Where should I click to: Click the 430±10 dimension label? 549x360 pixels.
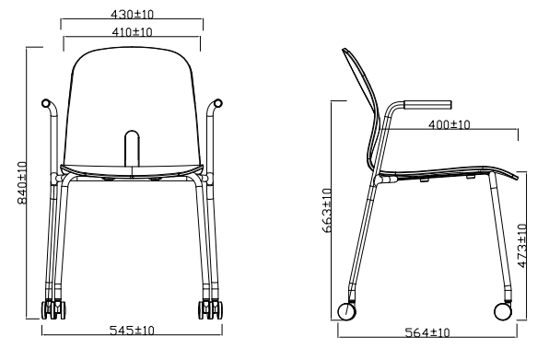click(x=132, y=15)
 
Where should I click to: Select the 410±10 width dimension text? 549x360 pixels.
click(x=132, y=32)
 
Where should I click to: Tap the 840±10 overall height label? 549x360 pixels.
click(x=22, y=182)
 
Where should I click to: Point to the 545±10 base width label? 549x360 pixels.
click(x=132, y=331)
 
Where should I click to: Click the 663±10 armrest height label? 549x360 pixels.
click(x=327, y=210)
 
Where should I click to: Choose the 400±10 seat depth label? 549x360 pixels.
click(x=450, y=124)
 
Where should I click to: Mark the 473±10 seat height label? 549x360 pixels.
click(x=521, y=246)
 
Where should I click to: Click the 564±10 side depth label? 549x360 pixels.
click(x=427, y=332)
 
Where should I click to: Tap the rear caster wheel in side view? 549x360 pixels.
click(x=346, y=311)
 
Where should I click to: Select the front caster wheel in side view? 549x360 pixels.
click(x=503, y=311)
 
